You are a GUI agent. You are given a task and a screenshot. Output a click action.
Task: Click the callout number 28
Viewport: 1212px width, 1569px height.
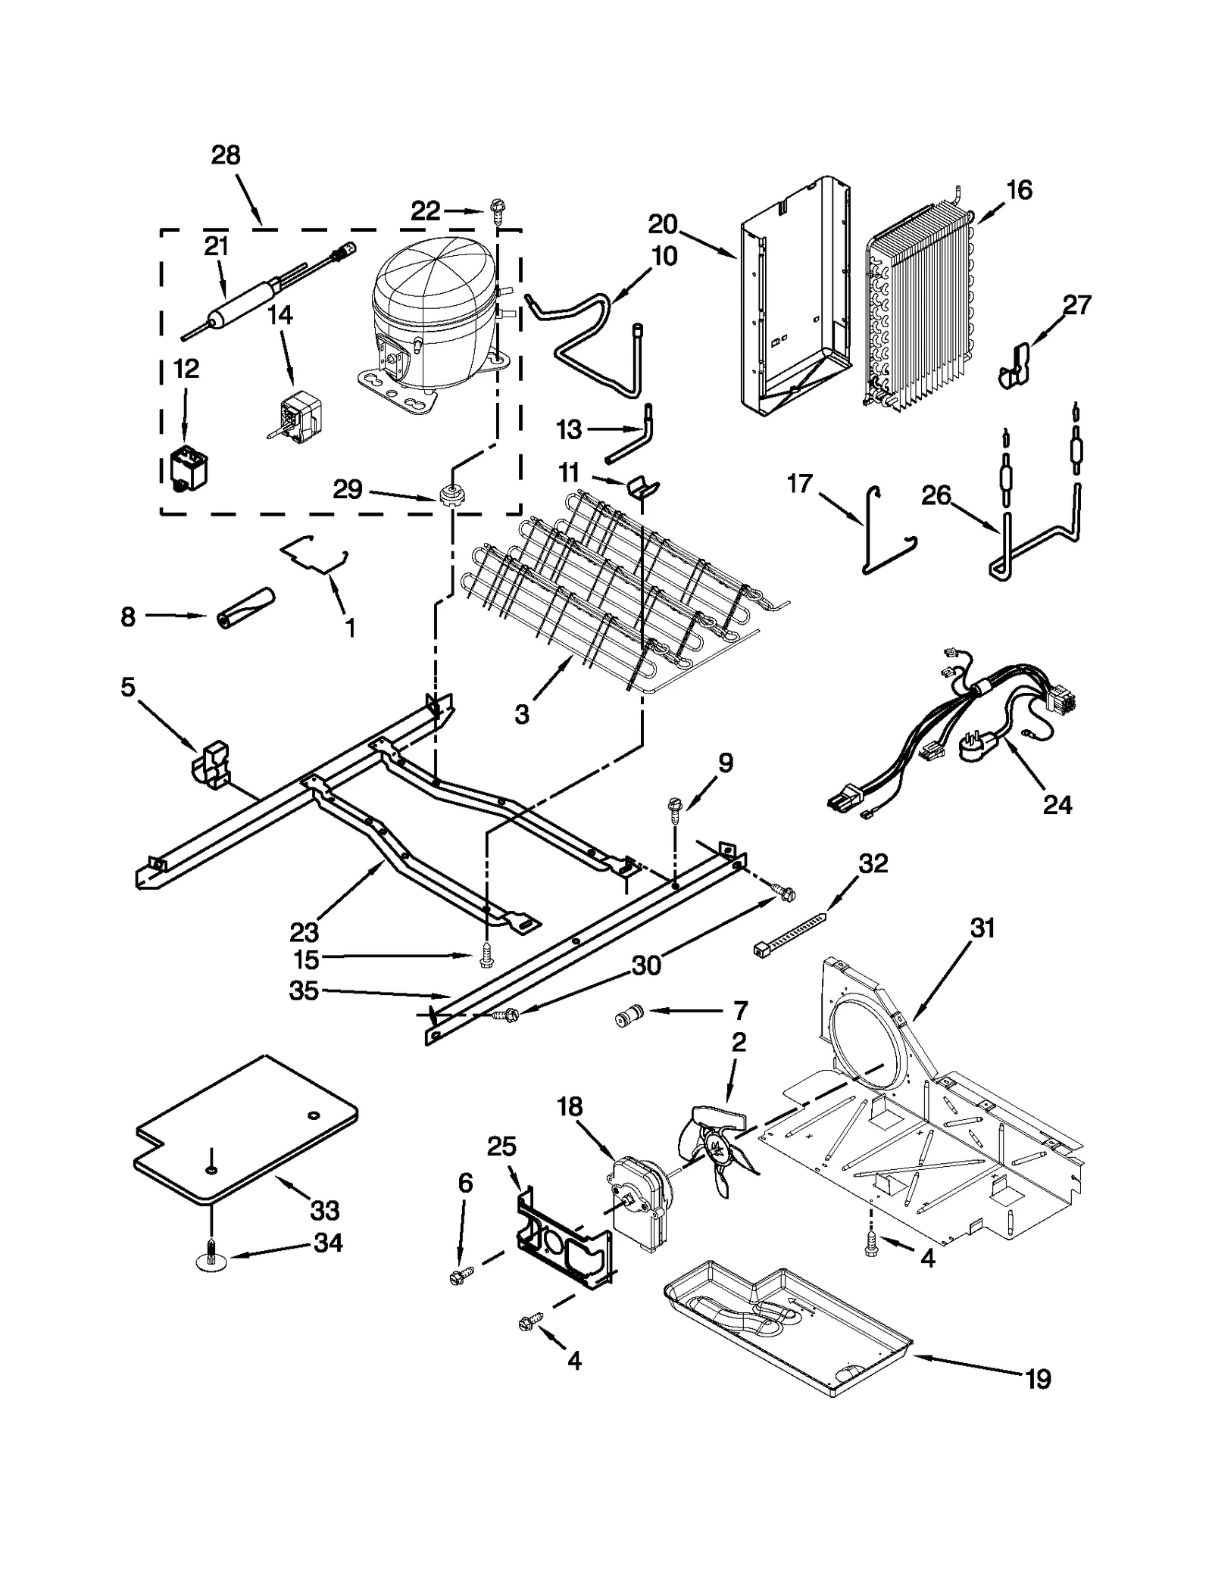point(226,155)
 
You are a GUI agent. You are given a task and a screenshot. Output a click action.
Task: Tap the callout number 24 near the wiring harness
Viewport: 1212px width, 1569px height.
point(1057,804)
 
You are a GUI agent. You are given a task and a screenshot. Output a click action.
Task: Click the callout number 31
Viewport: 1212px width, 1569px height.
point(982,928)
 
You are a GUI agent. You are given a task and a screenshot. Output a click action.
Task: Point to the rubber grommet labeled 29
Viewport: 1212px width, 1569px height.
point(450,493)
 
